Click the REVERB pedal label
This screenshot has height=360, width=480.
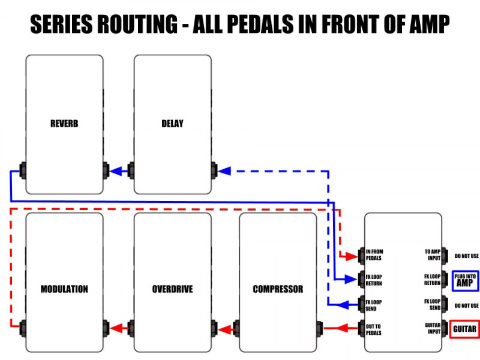click(64, 124)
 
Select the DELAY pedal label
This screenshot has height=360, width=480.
click(172, 124)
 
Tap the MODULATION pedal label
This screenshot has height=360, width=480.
click(64, 289)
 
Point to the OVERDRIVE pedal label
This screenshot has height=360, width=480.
click(172, 289)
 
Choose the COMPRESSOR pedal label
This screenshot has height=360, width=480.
click(278, 289)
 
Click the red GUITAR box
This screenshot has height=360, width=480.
click(464, 329)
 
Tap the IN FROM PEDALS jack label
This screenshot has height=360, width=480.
click(373, 255)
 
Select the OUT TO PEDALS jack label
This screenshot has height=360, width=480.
click(373, 329)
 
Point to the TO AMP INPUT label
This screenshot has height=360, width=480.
click(432, 255)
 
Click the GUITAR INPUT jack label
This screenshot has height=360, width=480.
click(431, 329)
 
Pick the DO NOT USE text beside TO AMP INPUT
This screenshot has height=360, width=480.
click(466, 256)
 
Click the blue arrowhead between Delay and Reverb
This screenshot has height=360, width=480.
click(118, 171)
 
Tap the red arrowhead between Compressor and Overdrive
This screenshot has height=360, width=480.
click(224, 329)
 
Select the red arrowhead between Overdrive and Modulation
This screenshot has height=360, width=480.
click(117, 329)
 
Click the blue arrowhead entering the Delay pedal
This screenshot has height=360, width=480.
click(224, 171)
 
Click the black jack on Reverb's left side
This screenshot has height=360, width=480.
click(23, 170)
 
